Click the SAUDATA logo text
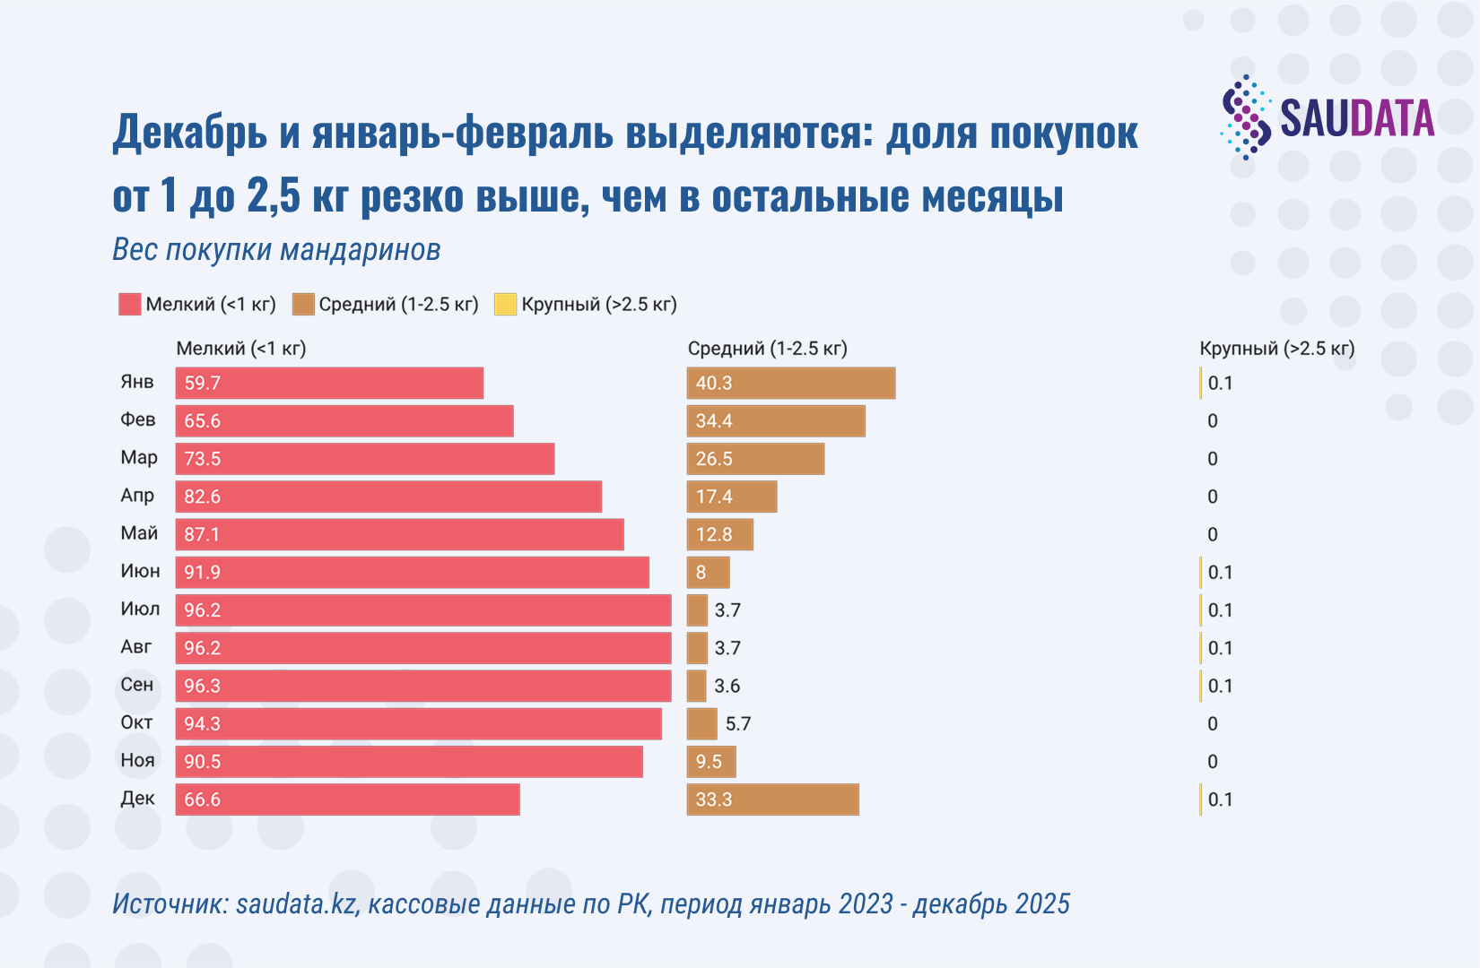pos(1356,118)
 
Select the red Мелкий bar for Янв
pos(329,383)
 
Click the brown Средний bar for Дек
pos(772,799)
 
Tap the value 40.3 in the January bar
pos(714,383)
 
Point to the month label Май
pos(139,533)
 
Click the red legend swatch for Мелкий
pos(129,304)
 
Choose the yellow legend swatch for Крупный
pos(505,304)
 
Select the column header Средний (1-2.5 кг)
pos(767,348)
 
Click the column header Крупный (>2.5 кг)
pos(1276,348)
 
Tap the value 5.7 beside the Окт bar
pos(737,723)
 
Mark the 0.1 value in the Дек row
pos(1220,799)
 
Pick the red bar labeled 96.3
pos(422,686)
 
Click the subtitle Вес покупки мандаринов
pos(276,249)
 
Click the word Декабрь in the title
pos(189,133)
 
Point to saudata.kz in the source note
pos(296,903)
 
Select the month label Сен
pos(137,685)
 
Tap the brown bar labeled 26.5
pos(755,459)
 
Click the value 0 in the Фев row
pos(1213,421)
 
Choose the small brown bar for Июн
pos(708,572)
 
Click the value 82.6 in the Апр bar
pos(202,497)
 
